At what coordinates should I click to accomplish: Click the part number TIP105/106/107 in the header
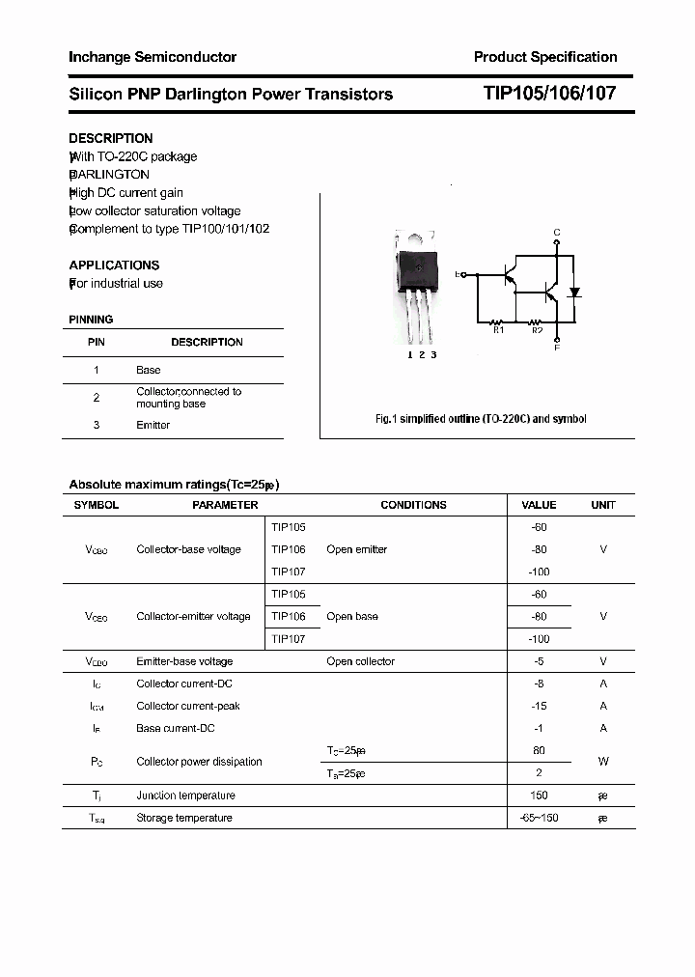pyautogui.click(x=548, y=94)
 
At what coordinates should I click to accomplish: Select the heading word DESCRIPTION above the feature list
pyautogui.click(x=111, y=138)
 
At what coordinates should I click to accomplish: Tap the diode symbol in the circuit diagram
pyautogui.click(x=575, y=291)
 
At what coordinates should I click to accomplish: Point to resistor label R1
pyautogui.click(x=499, y=331)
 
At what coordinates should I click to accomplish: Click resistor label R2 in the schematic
pyautogui.click(x=538, y=331)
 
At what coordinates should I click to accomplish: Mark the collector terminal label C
pyautogui.click(x=556, y=233)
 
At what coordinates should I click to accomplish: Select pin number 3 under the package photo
pyautogui.click(x=433, y=355)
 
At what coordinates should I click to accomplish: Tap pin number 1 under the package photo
pyautogui.click(x=409, y=355)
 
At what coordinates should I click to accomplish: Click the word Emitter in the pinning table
pyautogui.click(x=153, y=425)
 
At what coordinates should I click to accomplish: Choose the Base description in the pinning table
pyautogui.click(x=148, y=370)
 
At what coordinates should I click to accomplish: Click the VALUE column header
pyautogui.click(x=539, y=505)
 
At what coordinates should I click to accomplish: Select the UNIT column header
pyautogui.click(x=603, y=505)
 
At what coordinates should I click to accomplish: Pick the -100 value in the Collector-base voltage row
pyautogui.click(x=539, y=572)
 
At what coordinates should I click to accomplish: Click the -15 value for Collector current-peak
pyautogui.click(x=539, y=706)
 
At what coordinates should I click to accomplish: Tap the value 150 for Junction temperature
pyautogui.click(x=539, y=796)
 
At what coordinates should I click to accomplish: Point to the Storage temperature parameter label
pyautogui.click(x=184, y=818)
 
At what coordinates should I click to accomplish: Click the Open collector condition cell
pyautogui.click(x=360, y=661)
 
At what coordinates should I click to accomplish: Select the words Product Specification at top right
pyautogui.click(x=545, y=57)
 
